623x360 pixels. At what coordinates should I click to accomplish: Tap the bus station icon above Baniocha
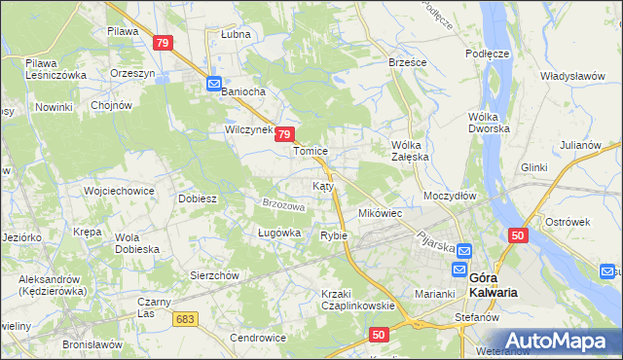coord(214,84)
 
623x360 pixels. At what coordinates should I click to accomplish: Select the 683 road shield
coord(186,318)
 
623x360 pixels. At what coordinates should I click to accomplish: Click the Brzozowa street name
coord(284,206)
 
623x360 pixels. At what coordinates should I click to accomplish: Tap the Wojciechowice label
coord(120,191)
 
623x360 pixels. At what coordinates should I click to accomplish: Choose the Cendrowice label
coord(258,338)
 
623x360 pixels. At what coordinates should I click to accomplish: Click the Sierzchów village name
coord(214,275)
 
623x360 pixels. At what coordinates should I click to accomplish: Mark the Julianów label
coord(579,145)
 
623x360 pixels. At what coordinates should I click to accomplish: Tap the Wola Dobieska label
coord(137,243)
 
